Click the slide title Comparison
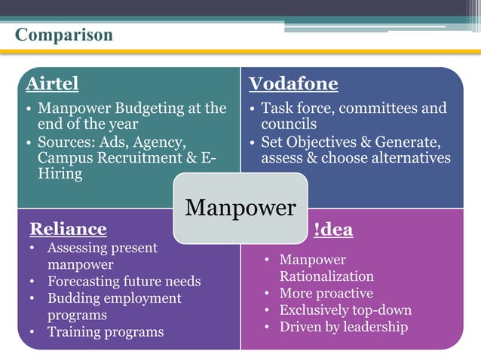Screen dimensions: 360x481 tap(64, 35)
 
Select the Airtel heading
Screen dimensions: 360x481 tap(52, 83)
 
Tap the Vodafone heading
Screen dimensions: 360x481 tap(293, 83)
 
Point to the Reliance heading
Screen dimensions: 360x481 tap(67, 229)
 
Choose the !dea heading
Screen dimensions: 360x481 tap(333, 230)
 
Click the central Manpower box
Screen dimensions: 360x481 tap(240, 208)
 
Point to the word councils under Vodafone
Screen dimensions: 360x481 tap(289, 124)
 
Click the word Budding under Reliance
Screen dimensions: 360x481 tap(73, 298)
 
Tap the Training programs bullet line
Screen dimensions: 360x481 tap(105, 331)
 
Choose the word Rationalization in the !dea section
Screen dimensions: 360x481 tap(326, 276)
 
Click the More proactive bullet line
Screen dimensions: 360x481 tap(326, 293)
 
